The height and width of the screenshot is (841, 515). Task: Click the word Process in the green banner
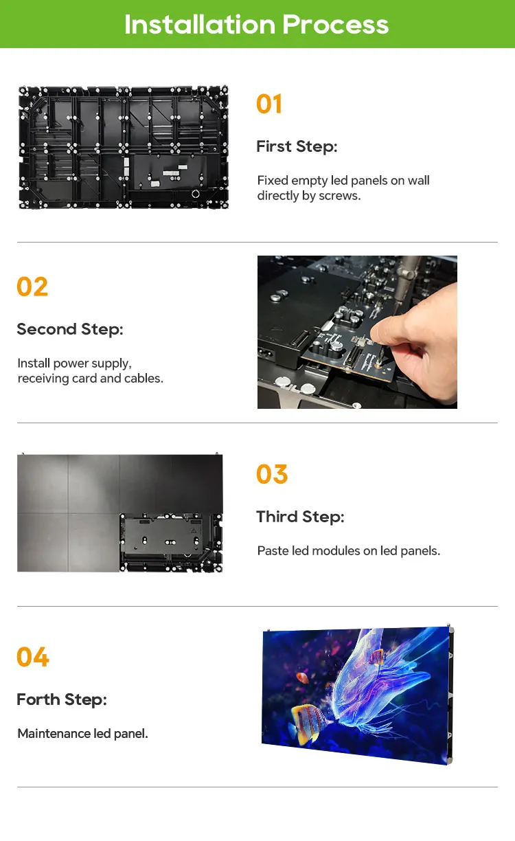(x=336, y=25)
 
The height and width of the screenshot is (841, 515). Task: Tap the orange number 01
(x=269, y=104)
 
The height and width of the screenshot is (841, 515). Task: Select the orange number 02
(x=32, y=287)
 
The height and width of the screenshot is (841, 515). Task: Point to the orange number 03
(x=272, y=475)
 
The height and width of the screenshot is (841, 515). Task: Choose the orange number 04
(x=33, y=658)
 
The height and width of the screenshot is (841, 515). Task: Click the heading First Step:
(x=297, y=146)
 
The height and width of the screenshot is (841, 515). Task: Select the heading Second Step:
(x=69, y=329)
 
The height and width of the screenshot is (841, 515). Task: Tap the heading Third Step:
(x=300, y=517)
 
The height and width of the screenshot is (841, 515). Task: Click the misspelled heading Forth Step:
(x=62, y=699)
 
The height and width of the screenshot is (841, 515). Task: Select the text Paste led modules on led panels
(x=348, y=550)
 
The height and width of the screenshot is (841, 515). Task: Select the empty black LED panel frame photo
(x=123, y=147)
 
